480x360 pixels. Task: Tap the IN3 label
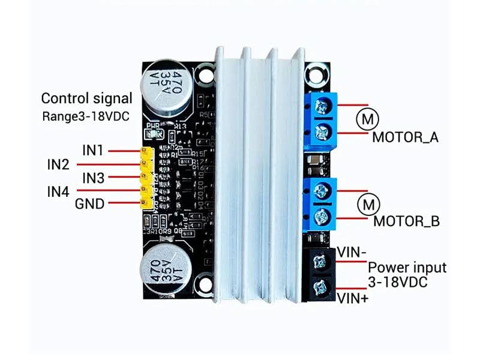[93, 178]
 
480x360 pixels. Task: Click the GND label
[89, 205]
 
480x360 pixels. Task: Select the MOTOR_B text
[406, 221]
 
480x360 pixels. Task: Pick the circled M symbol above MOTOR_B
[368, 204]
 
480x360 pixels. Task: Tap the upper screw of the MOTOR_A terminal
[321, 107]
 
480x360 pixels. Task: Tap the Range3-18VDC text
[86, 116]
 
